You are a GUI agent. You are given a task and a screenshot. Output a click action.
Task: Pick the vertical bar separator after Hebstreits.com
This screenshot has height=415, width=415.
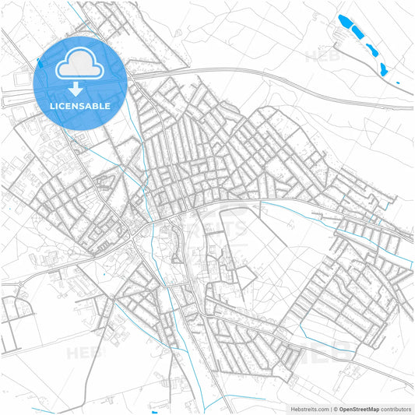pos(332,408)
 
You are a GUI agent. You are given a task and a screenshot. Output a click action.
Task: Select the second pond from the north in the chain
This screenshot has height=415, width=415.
pos(358,33)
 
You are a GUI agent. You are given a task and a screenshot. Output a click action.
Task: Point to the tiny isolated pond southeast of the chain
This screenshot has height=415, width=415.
pos(396,82)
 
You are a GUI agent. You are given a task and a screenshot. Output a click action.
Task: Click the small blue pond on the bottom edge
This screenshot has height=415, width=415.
pos(155,412)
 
